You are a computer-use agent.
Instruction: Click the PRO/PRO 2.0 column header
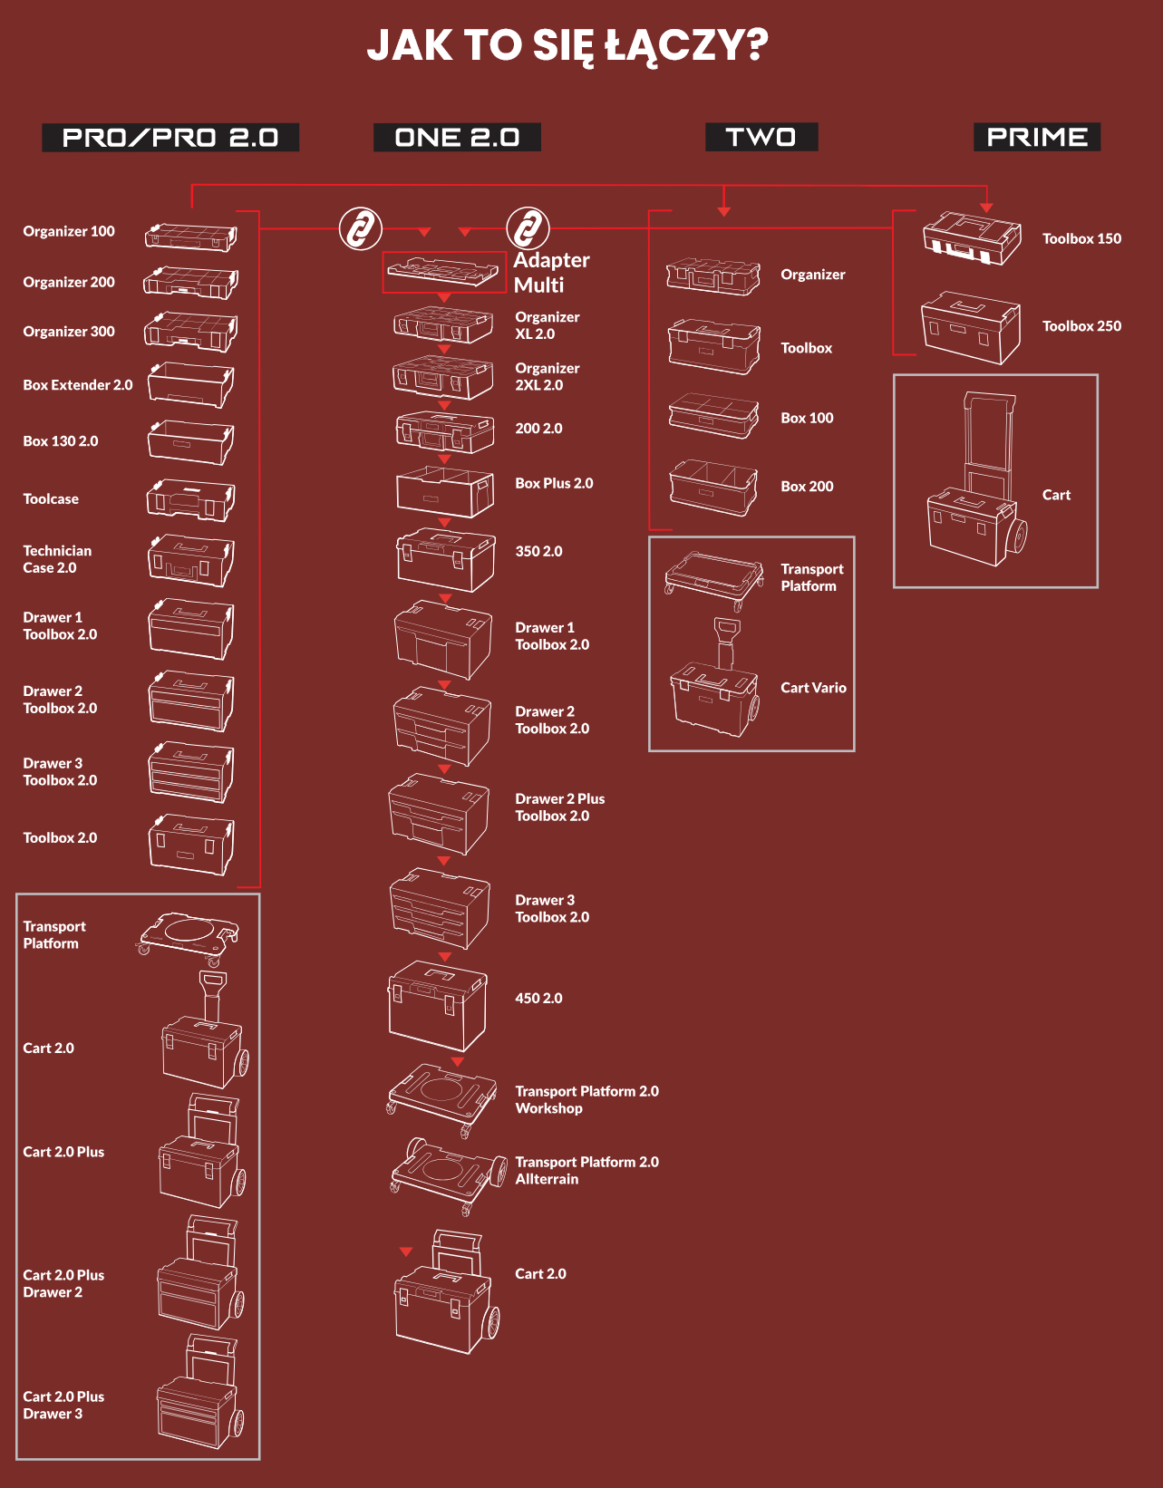tap(170, 138)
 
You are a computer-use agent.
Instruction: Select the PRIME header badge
tap(1037, 137)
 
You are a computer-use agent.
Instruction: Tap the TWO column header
tap(761, 137)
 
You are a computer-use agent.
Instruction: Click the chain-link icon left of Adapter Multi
tap(361, 228)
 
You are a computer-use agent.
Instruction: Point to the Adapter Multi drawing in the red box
tap(444, 272)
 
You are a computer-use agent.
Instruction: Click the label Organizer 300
tap(69, 332)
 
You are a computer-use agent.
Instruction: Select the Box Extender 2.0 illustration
tap(190, 385)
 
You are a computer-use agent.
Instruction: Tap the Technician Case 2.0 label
tap(57, 559)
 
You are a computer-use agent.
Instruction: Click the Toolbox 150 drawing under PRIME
tap(971, 238)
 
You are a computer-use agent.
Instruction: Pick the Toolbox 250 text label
tap(1081, 326)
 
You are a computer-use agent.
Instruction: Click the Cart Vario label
tap(813, 688)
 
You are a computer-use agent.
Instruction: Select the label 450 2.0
tap(538, 999)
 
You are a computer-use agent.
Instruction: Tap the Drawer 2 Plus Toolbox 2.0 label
tap(559, 807)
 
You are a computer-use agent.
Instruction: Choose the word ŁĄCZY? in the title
tap(686, 45)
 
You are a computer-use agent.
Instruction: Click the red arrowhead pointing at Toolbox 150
tap(986, 208)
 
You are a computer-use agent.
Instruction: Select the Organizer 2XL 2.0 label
tap(547, 377)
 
